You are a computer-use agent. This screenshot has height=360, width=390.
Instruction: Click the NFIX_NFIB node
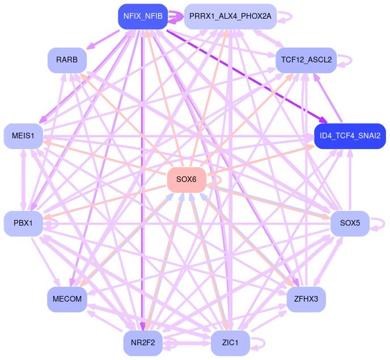coord(143,16)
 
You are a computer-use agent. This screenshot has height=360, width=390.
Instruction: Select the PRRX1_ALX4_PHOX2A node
coord(230,16)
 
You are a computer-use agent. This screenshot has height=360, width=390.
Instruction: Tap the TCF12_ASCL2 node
coord(306,60)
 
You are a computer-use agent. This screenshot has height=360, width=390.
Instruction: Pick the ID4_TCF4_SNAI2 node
coord(350,136)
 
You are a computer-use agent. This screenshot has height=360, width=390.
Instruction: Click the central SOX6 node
coord(186,180)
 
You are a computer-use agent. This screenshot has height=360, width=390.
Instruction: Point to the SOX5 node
coord(350,223)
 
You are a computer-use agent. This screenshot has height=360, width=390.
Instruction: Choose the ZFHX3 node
coord(306,298)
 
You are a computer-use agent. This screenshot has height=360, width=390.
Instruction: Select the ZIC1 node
coord(230,343)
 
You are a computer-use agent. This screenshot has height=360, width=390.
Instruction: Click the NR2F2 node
coord(143,343)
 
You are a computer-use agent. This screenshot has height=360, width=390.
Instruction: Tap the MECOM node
coord(67,298)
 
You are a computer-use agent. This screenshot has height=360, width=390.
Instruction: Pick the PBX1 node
coord(23,223)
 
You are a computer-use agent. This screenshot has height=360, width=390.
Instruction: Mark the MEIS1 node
coord(23,136)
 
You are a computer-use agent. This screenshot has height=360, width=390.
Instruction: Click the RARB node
coord(67,60)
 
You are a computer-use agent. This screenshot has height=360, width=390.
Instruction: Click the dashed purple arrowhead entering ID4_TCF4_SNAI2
coord(323,120)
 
